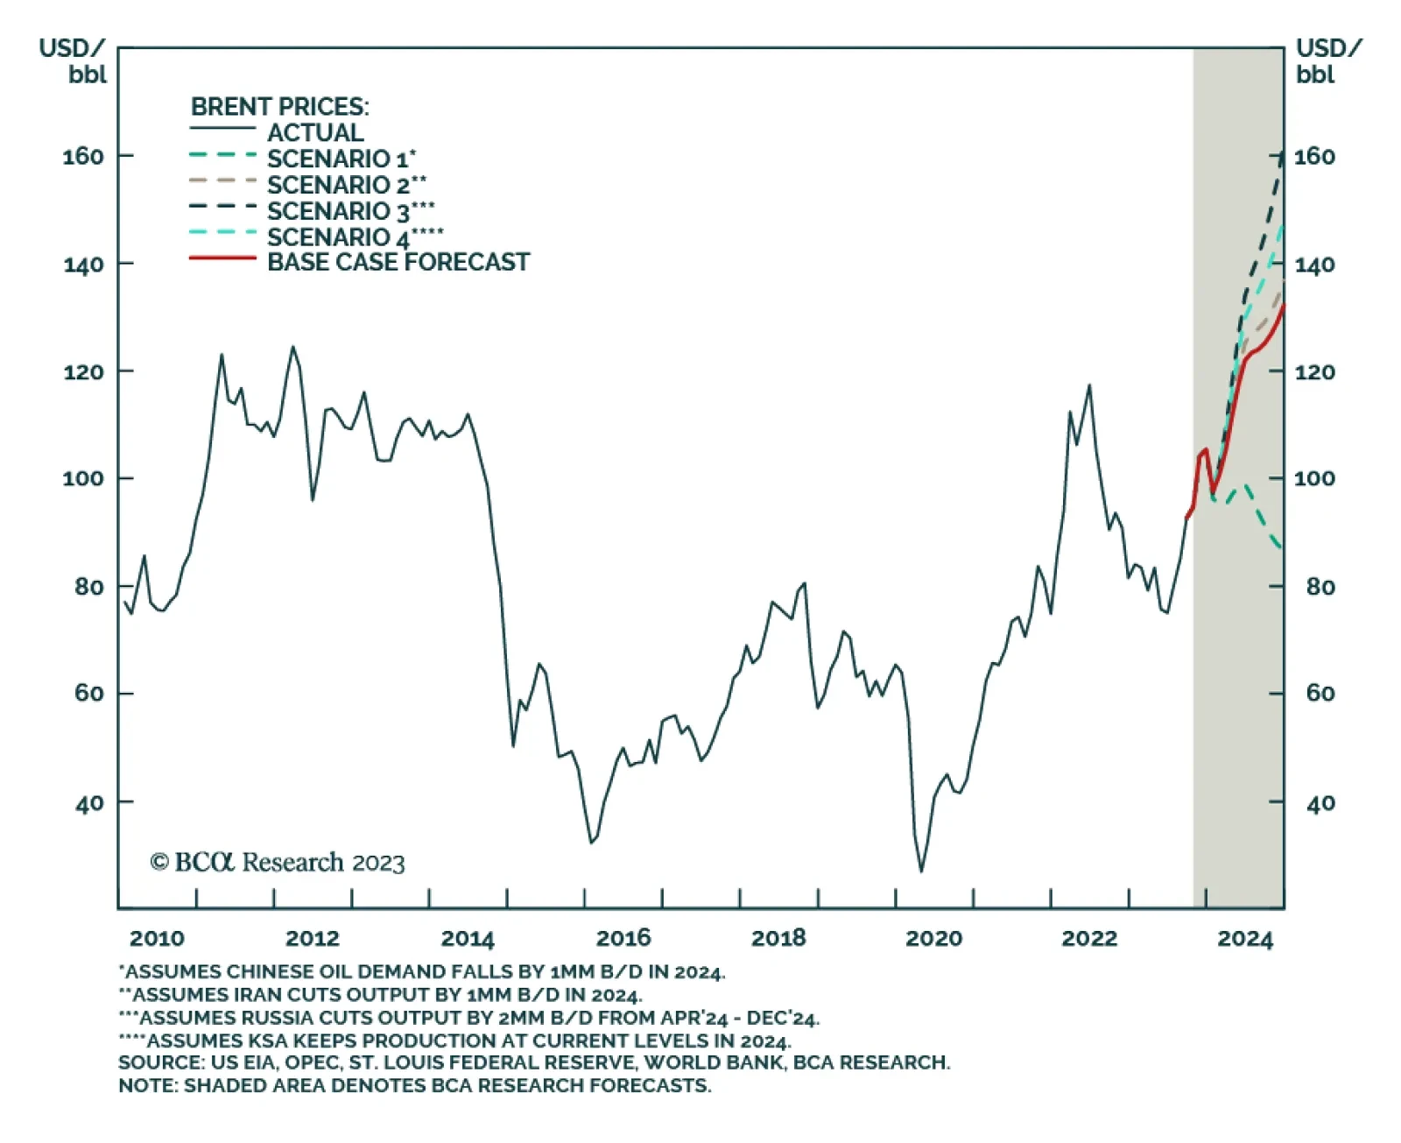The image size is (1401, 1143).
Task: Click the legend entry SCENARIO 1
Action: pyautogui.click(x=340, y=159)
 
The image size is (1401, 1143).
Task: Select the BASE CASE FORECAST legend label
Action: pyautogui.click(x=398, y=262)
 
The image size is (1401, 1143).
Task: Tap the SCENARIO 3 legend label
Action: pyautogui.click(x=349, y=211)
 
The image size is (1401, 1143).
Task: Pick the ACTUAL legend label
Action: pyautogui.click(x=315, y=132)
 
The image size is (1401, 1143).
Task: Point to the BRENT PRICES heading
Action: pyautogui.click(x=280, y=107)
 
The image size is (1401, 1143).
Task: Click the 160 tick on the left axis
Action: pyautogui.click(x=83, y=157)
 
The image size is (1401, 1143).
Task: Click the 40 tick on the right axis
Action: pyautogui.click(x=1320, y=803)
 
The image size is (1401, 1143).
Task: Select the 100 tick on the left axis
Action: pyautogui.click(x=83, y=479)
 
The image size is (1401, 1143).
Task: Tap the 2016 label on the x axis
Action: pyautogui.click(x=623, y=939)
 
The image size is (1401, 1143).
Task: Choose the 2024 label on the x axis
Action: pyautogui.click(x=1244, y=939)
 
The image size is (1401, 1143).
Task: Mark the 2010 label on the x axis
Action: pyautogui.click(x=157, y=939)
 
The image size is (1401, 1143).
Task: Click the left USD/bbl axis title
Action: pyautogui.click(x=74, y=60)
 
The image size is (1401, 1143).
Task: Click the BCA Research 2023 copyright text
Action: pyautogui.click(x=278, y=863)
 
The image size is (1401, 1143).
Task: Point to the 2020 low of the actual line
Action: pyautogui.click(x=921, y=871)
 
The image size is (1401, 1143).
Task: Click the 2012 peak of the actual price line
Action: pyautogui.click(x=292, y=347)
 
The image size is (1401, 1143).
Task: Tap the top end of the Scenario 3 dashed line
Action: pyautogui.click(x=1283, y=154)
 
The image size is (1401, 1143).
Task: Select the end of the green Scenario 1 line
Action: pyautogui.click(x=1282, y=548)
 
